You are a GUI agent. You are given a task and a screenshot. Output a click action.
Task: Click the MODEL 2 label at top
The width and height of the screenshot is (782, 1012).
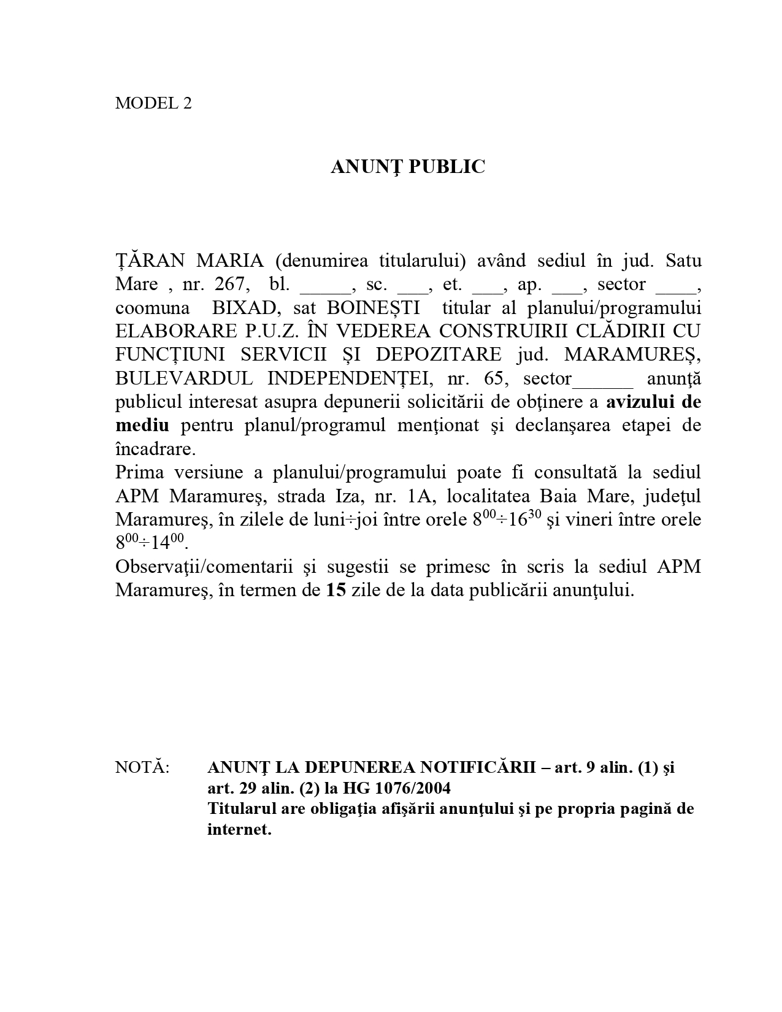tap(153, 103)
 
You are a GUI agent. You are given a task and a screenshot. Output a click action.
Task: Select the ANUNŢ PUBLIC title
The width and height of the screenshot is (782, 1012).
tap(408, 167)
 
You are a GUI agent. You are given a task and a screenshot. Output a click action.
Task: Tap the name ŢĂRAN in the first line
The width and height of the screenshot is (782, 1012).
tap(150, 261)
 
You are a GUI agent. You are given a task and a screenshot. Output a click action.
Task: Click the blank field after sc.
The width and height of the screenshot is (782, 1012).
tap(411, 286)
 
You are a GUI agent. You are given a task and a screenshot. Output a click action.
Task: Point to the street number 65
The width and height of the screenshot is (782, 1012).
tap(496, 378)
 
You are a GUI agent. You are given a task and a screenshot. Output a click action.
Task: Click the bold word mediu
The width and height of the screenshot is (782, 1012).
tap(142, 426)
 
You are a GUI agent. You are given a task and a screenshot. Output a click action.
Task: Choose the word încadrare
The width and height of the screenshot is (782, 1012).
tap(155, 449)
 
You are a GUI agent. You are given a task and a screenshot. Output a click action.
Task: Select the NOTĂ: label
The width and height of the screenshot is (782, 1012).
tap(142, 767)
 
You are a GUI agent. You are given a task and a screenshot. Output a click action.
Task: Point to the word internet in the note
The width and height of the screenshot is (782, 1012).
tap(239, 830)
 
